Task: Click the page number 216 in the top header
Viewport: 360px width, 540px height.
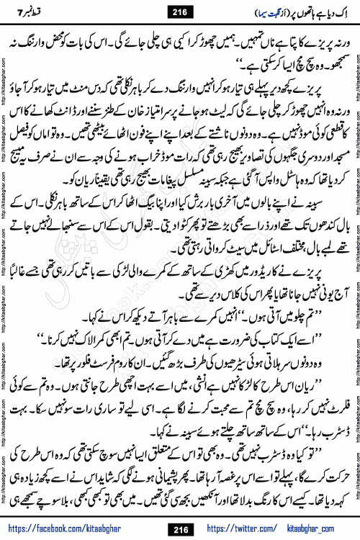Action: click(179, 10)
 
